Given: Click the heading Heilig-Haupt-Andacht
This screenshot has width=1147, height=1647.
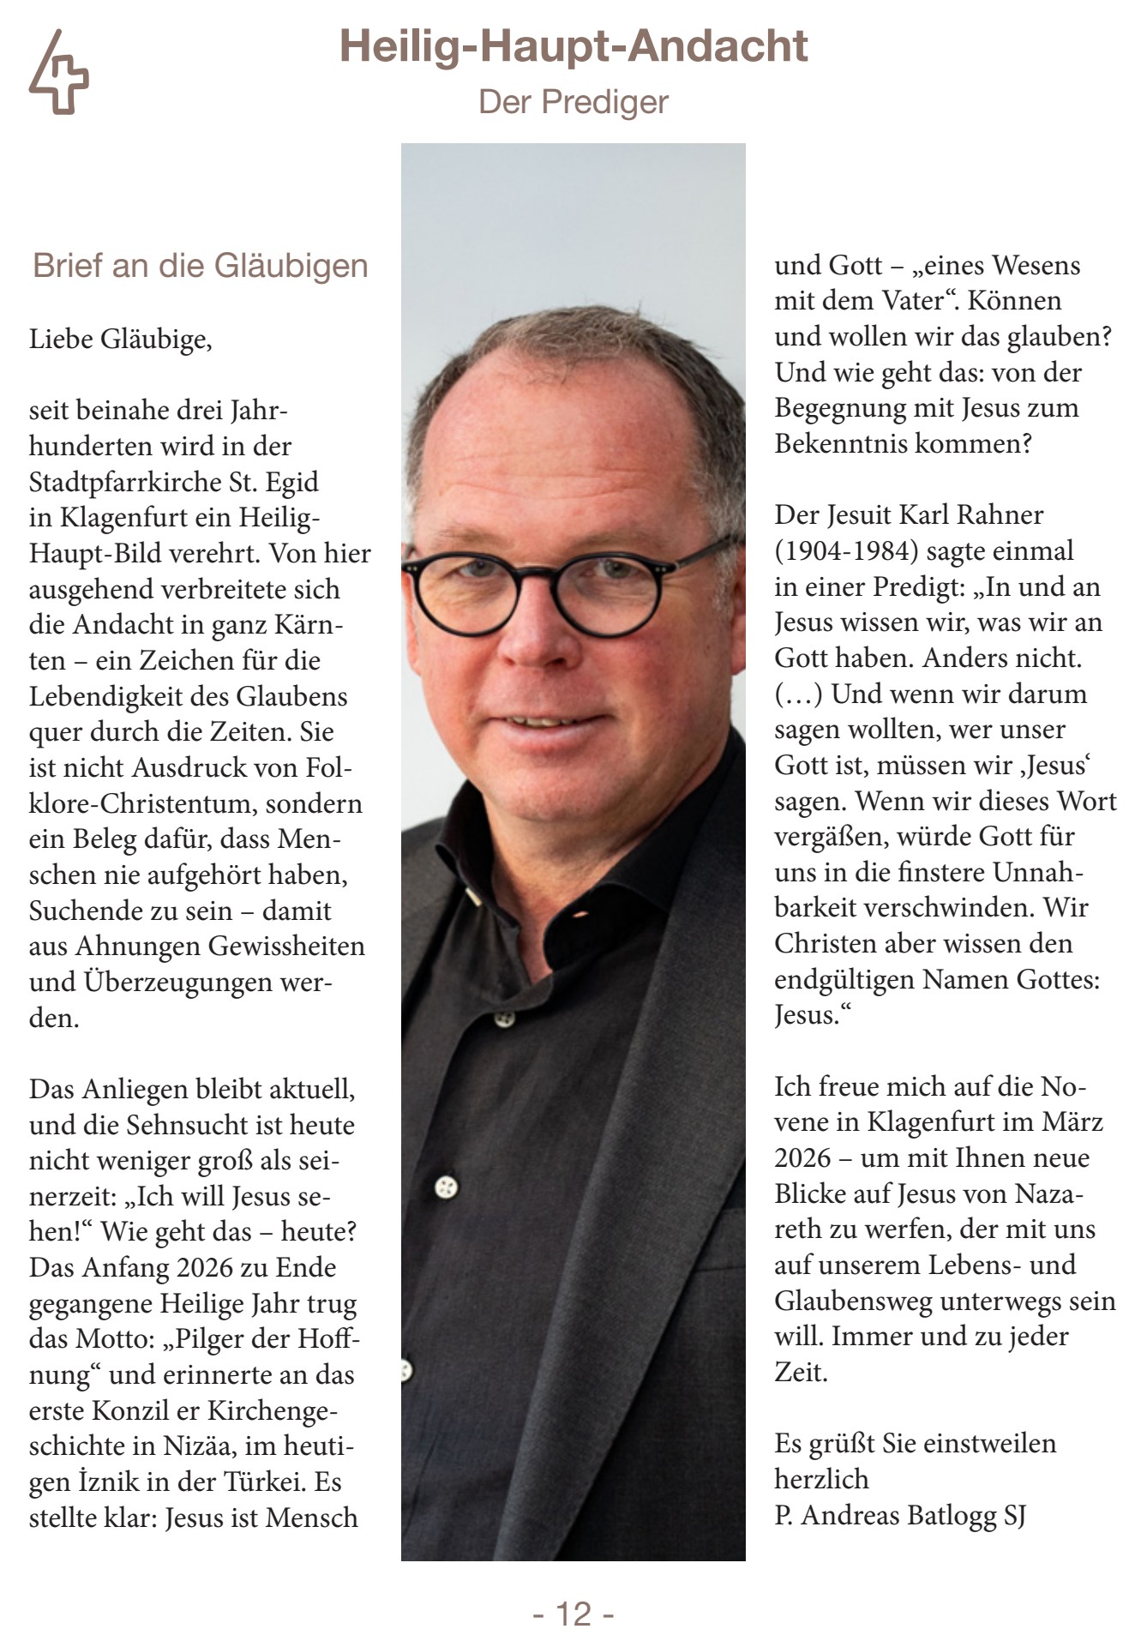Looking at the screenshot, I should pos(573,46).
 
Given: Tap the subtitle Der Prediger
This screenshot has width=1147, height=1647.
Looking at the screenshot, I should pos(573,102).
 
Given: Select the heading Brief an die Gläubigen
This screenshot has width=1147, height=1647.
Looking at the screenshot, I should pos(200,266).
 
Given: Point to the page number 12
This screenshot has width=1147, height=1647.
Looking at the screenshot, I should pos(573,1614).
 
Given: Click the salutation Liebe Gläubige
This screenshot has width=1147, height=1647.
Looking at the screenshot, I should pos(120,340).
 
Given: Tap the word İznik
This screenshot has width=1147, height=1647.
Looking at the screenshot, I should pos(116,1482).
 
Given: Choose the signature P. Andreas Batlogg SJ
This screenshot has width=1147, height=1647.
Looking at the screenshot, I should pos(899,1515).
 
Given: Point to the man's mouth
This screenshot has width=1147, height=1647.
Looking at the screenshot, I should pos(540,722).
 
